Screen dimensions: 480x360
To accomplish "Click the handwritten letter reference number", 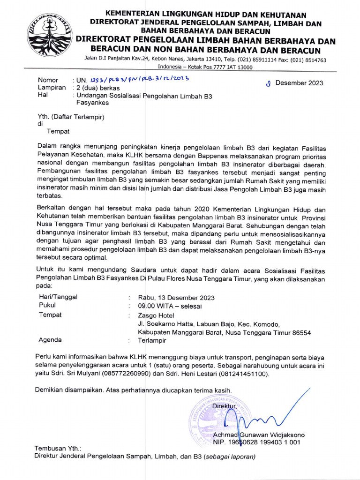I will (131, 80).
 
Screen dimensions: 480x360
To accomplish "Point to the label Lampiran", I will (51, 88).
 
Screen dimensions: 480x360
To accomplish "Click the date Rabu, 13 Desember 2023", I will (176, 297).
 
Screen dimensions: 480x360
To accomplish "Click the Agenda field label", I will (50, 340).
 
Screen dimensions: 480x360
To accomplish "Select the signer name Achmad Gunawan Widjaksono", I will (259, 435).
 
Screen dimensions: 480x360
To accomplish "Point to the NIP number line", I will (256, 442).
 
